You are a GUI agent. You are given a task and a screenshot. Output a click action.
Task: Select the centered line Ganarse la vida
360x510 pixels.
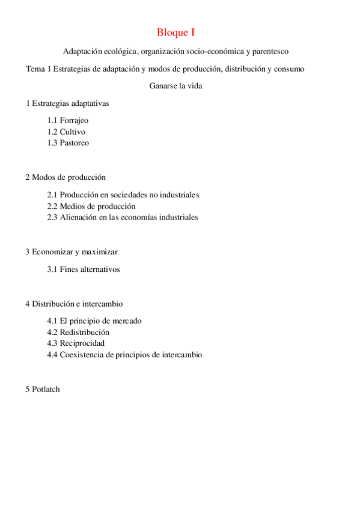tap(175, 85)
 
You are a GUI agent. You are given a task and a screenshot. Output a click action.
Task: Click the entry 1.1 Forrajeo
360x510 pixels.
tap(68, 120)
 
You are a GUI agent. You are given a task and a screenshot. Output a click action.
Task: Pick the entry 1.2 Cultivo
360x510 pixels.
tap(66, 132)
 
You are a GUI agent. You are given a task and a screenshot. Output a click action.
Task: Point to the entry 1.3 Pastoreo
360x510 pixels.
tap(68, 143)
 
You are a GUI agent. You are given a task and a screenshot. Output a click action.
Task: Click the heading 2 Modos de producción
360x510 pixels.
tap(66, 177)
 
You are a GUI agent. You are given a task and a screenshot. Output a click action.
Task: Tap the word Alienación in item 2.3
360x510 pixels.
tap(79, 217)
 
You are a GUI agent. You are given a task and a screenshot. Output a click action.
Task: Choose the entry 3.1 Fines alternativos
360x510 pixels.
tap(84, 269)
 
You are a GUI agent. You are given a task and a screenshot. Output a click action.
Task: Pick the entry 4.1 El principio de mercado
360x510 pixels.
tap(94, 321)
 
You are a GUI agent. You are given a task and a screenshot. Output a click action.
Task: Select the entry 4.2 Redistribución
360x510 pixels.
tap(78, 332)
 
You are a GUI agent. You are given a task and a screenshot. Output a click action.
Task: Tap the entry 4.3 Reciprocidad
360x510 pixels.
tap(76, 343)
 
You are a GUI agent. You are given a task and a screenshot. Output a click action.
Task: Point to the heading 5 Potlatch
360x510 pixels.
tap(43, 389)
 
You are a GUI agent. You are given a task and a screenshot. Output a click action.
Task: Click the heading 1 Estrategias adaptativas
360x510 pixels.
tap(67, 103)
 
